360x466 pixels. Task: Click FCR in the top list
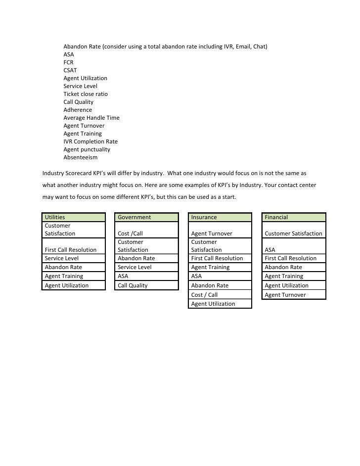click(69, 62)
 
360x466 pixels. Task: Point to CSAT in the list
click(70, 70)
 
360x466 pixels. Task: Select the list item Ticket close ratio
click(86, 94)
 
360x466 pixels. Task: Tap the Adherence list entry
click(78, 110)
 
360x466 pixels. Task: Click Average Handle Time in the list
click(91, 118)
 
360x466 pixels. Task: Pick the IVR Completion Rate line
click(90, 141)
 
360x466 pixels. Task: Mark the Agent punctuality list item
click(87, 149)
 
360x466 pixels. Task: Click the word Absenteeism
click(81, 157)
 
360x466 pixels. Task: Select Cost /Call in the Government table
click(130, 233)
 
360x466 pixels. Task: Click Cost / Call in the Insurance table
click(204, 295)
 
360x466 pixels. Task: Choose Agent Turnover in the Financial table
click(285, 295)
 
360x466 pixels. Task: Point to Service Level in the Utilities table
click(62, 258)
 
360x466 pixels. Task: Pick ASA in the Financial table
click(270, 250)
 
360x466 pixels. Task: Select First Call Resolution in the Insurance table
click(217, 258)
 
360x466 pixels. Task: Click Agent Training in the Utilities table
click(64, 276)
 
